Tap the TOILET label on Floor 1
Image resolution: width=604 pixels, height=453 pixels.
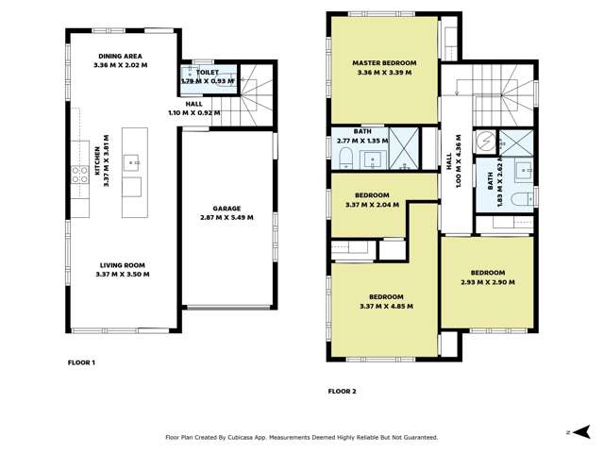click(208, 72)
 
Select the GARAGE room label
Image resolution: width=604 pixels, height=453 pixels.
click(226, 208)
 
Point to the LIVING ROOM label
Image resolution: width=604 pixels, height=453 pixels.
click(123, 265)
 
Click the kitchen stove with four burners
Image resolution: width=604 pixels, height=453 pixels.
click(79, 174)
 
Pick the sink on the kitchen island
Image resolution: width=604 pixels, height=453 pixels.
click(133, 160)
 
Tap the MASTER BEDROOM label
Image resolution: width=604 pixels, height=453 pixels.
click(384, 63)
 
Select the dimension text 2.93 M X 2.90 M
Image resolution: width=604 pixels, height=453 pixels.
click(487, 282)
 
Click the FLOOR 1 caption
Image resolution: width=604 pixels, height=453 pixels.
click(81, 362)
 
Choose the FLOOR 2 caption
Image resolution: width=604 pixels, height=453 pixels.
click(342, 391)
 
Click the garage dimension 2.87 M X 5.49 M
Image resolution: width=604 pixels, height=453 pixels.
click(226, 217)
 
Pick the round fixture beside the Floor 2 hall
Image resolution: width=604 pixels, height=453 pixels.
click(485, 143)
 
